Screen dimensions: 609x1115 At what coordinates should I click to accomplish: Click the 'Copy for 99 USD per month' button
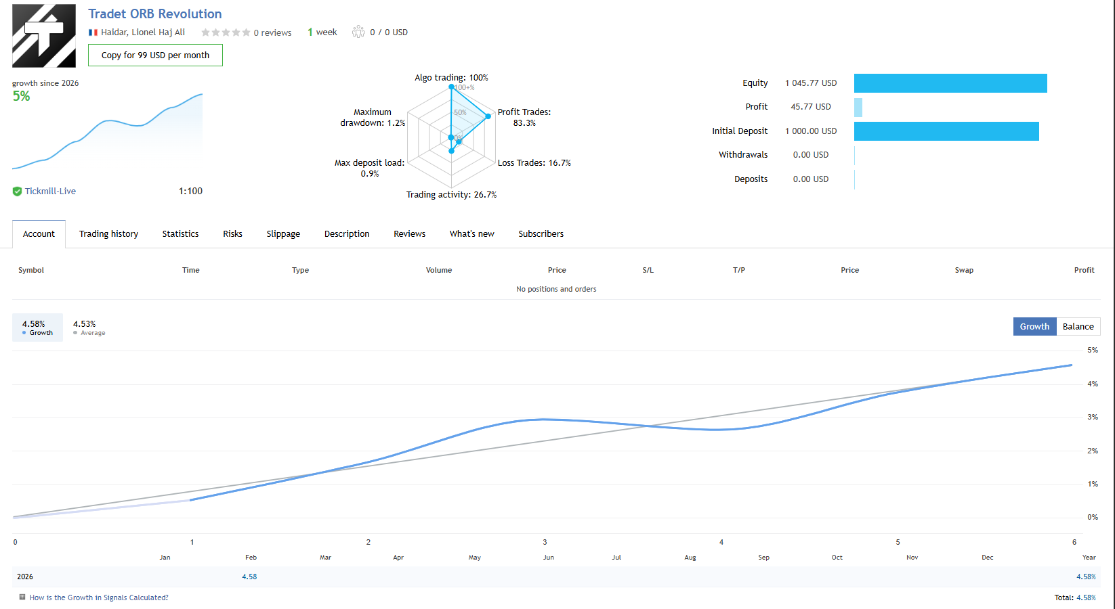click(x=155, y=55)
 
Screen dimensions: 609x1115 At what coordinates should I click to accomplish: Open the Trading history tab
click(x=108, y=234)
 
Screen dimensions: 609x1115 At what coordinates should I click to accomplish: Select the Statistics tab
click(x=180, y=234)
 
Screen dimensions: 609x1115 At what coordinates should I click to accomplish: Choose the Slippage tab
click(x=283, y=234)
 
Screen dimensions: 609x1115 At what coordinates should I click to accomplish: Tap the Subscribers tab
click(x=541, y=234)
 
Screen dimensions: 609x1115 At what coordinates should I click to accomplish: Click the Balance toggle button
click(x=1078, y=327)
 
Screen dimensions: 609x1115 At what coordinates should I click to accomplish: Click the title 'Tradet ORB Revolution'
click(x=154, y=14)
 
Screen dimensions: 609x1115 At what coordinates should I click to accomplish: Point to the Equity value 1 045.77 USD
click(x=811, y=83)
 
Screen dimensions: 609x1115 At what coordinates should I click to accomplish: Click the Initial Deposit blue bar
click(x=946, y=131)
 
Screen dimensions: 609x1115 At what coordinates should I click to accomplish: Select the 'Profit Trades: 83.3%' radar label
click(x=524, y=118)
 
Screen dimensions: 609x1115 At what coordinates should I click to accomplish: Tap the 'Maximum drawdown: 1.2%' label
click(x=373, y=118)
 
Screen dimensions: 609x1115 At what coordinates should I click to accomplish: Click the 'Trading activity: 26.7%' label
click(x=451, y=195)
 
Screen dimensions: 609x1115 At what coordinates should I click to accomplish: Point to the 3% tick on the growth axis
click(x=1092, y=418)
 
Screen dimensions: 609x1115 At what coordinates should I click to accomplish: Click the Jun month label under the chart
click(x=549, y=558)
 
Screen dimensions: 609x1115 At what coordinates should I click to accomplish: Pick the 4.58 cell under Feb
click(x=249, y=577)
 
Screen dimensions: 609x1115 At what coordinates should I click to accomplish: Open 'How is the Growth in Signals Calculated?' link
click(x=99, y=598)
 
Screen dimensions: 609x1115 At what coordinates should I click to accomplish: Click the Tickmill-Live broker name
click(x=50, y=191)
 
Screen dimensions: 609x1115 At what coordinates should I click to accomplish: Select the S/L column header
click(x=648, y=271)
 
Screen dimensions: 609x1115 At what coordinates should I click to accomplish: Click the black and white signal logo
click(x=44, y=36)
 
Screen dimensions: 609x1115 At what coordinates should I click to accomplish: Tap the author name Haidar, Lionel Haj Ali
click(x=143, y=32)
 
